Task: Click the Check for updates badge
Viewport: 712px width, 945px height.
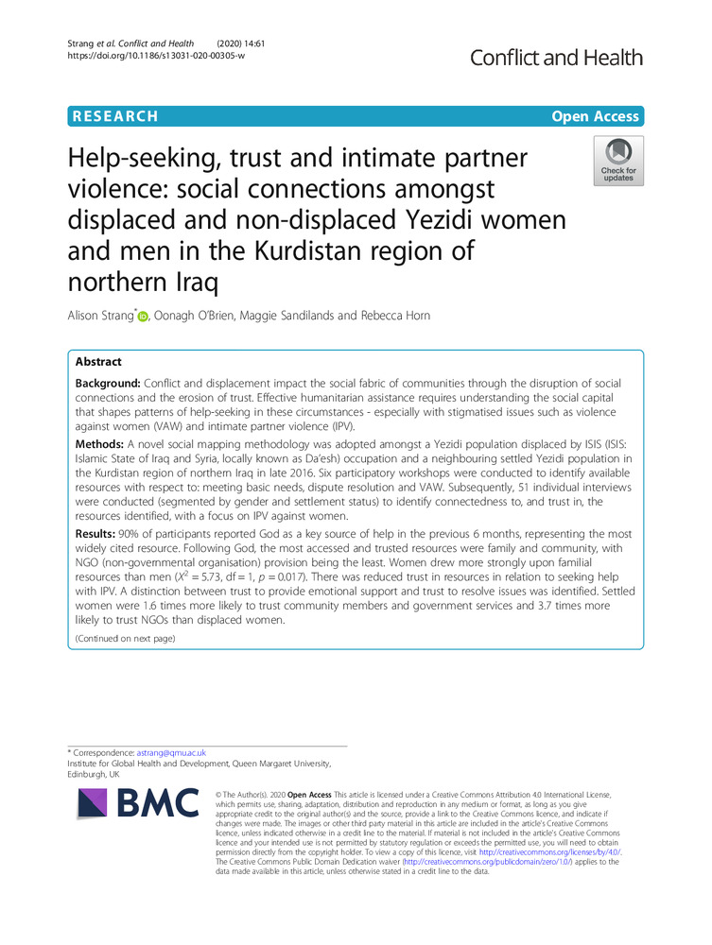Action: point(618,160)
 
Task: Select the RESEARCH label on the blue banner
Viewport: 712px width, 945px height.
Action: point(113,116)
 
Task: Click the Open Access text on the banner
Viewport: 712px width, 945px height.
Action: point(597,116)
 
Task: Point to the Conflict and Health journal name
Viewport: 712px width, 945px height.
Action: point(556,58)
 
